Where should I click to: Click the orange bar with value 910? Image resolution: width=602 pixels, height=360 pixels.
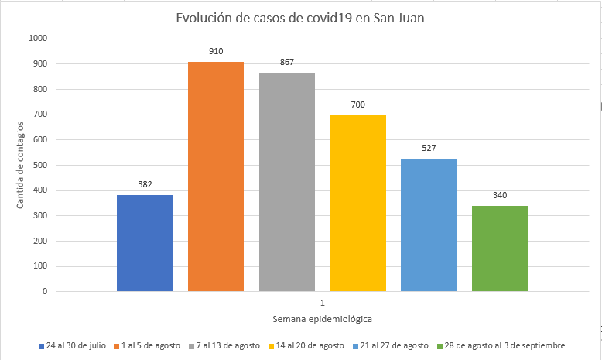point(216,177)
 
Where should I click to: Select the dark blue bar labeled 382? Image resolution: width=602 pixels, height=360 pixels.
point(145,243)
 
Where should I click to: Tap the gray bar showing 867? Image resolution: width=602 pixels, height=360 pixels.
point(287,182)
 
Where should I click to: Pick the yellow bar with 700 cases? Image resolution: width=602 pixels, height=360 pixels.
point(357,203)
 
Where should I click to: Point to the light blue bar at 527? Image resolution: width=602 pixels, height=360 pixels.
point(429,225)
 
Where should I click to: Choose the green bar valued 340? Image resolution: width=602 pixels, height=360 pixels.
point(500,249)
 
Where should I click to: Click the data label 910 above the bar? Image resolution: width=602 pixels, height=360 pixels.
point(216,51)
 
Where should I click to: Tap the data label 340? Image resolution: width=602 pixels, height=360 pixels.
point(500,195)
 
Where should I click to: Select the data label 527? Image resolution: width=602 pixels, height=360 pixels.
point(429,148)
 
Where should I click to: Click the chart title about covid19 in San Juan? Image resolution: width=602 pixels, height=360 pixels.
point(301,19)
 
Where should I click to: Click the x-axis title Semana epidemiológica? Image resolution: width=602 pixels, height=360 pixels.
point(322,319)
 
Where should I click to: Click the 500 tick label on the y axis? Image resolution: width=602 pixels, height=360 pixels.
point(39,165)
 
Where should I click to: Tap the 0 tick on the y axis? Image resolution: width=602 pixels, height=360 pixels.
point(45,292)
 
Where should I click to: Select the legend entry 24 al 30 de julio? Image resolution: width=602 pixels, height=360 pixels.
point(75,345)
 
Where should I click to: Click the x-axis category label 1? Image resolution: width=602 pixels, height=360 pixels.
point(322,301)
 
